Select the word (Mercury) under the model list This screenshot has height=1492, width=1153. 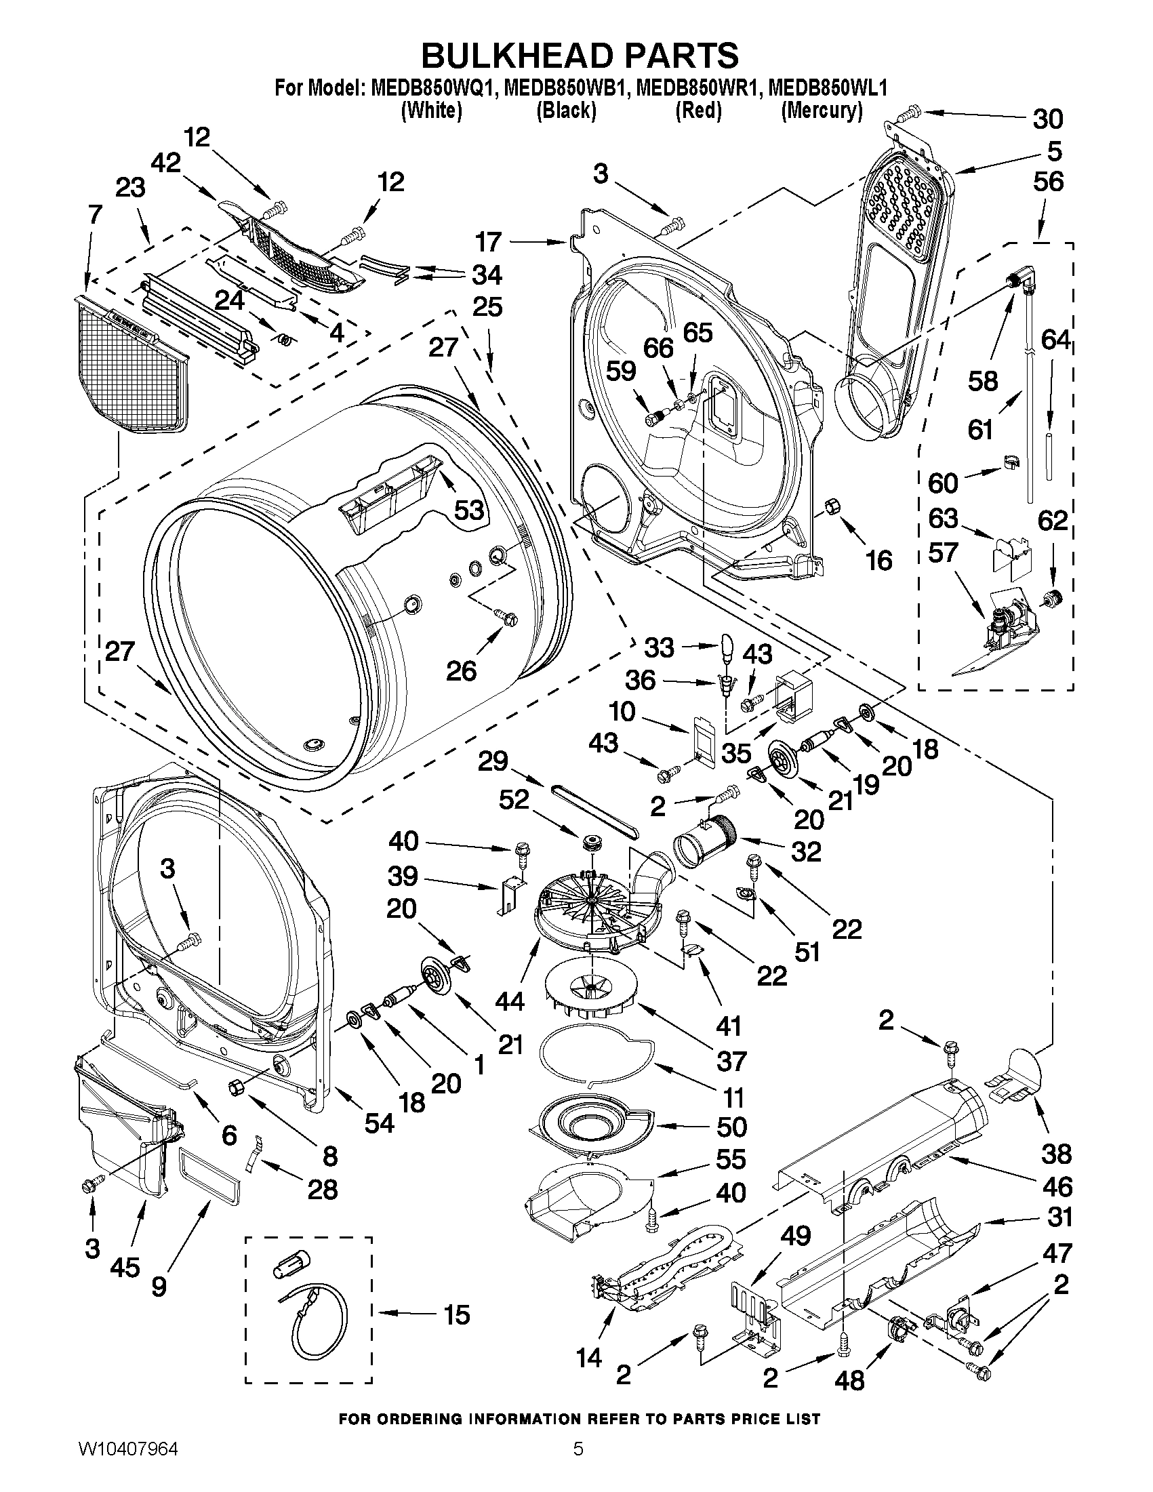click(x=821, y=110)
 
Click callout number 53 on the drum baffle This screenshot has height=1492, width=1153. click(x=469, y=509)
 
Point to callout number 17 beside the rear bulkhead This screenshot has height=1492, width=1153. click(x=489, y=241)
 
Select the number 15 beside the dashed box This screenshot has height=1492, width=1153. click(x=456, y=1314)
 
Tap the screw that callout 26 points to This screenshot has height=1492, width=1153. click(x=507, y=617)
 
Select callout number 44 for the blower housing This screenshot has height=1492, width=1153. click(x=510, y=1001)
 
